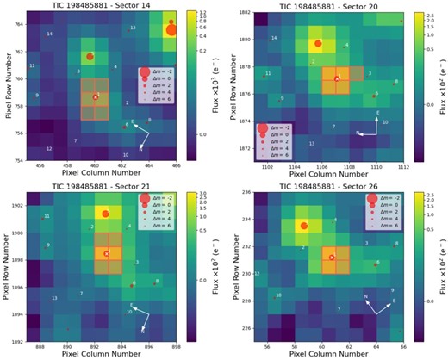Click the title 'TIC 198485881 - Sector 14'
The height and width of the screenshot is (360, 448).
pos(101,5)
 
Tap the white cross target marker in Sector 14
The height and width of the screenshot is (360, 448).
pos(96,97)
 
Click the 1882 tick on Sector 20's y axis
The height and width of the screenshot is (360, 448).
pos(244,13)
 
